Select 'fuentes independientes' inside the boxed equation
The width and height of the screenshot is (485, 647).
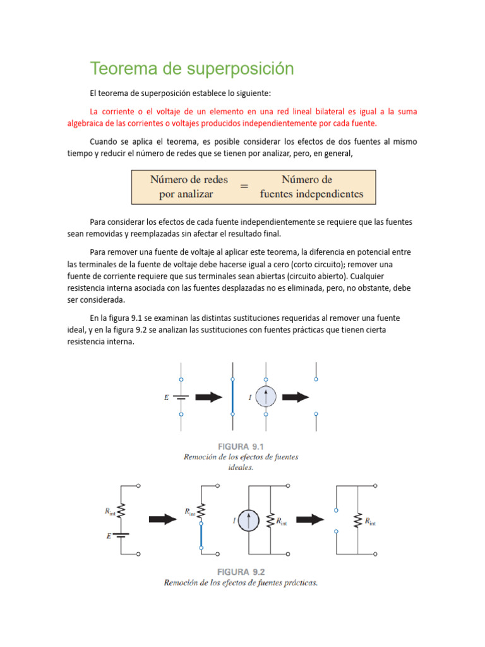click(311, 194)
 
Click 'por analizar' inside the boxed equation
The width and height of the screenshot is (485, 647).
click(186, 194)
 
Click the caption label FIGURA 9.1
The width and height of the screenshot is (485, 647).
click(241, 446)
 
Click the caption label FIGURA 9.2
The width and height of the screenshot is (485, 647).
click(241, 571)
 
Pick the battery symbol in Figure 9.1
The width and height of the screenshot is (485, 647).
click(182, 397)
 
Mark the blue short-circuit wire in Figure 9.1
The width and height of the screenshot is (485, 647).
click(234, 397)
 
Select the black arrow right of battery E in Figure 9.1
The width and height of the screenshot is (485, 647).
click(208, 397)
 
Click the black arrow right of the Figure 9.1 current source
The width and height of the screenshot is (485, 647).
click(295, 397)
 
